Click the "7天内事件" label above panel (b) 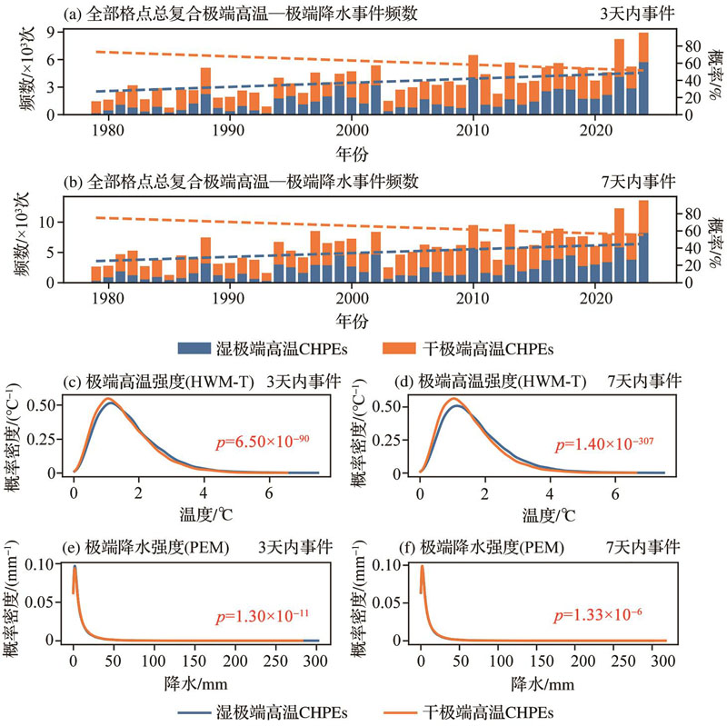pos(649,181)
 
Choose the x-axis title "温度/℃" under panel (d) pos(543,509)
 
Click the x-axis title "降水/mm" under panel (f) pos(543,677)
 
